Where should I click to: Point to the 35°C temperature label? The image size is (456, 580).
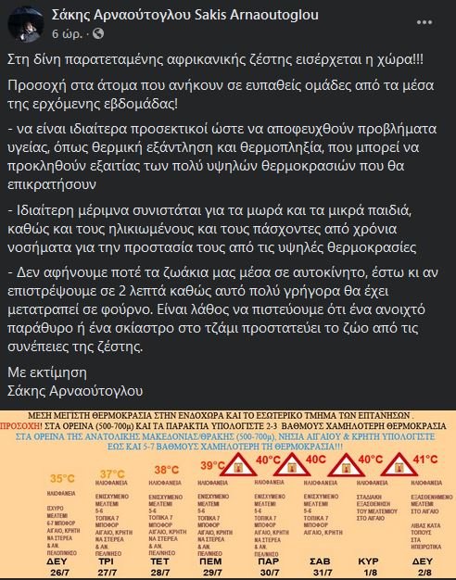click(62, 478)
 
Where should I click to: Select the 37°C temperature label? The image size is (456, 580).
click(113, 474)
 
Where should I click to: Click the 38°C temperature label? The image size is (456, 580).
click(166, 470)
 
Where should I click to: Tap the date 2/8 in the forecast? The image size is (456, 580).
click(422, 573)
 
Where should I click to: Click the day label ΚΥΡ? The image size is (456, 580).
click(370, 561)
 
